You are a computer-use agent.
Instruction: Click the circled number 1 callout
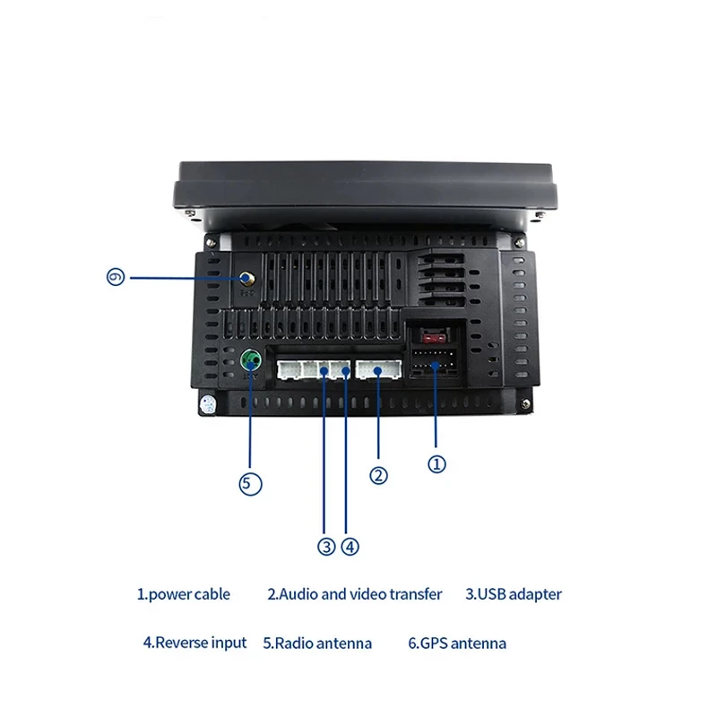coord(436,463)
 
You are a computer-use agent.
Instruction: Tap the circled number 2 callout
coord(379,476)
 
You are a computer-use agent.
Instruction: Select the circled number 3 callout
coord(325,546)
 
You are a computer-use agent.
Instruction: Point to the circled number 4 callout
coord(350,546)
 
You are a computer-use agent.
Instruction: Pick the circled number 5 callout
coord(251,484)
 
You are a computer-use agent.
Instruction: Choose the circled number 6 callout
coord(115,278)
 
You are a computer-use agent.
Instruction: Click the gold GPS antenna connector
coord(245,280)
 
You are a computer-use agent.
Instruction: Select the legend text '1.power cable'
coord(183,593)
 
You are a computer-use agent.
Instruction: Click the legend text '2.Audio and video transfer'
coord(355,593)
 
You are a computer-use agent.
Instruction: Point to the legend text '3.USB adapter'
coord(514,593)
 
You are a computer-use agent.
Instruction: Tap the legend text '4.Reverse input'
coord(194,643)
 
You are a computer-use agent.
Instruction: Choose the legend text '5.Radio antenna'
coord(317,643)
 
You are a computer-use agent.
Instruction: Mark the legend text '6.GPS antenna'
coord(457,643)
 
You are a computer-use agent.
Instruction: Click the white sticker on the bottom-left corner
coord(209,404)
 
